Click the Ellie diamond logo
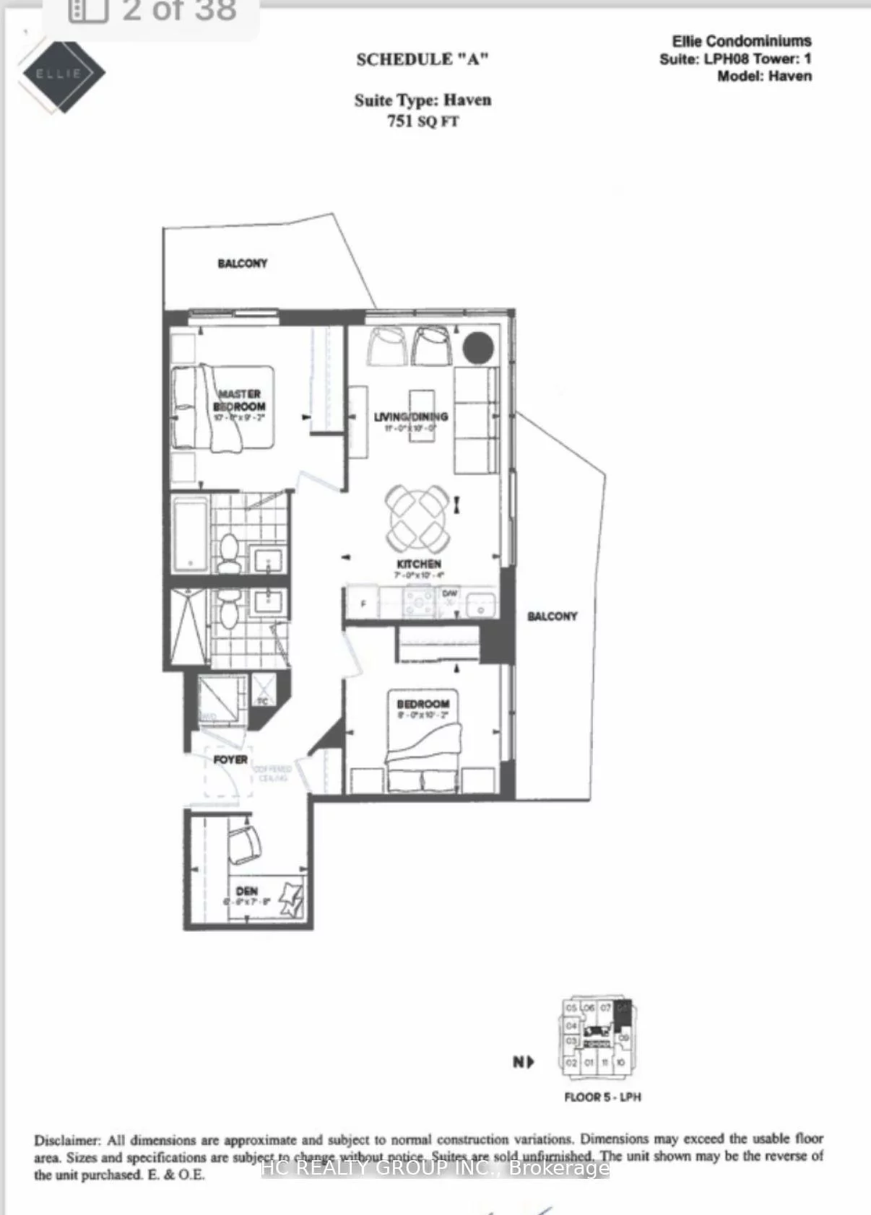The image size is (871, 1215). [63, 73]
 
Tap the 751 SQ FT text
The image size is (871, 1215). [422, 121]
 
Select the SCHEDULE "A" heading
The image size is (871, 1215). [422, 59]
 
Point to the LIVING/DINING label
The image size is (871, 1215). [410, 417]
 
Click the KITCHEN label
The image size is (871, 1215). [419, 563]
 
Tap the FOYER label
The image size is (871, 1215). [230, 759]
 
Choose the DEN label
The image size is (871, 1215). [246, 891]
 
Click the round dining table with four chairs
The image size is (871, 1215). [418, 516]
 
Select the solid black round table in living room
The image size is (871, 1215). [478, 348]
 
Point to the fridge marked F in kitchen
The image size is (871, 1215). [363, 604]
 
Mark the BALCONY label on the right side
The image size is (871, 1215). [552, 616]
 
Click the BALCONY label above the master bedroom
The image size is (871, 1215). [242, 264]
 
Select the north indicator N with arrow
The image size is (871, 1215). [523, 1062]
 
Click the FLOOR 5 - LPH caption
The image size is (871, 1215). [602, 1097]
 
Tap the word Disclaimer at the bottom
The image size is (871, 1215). [66, 1141]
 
